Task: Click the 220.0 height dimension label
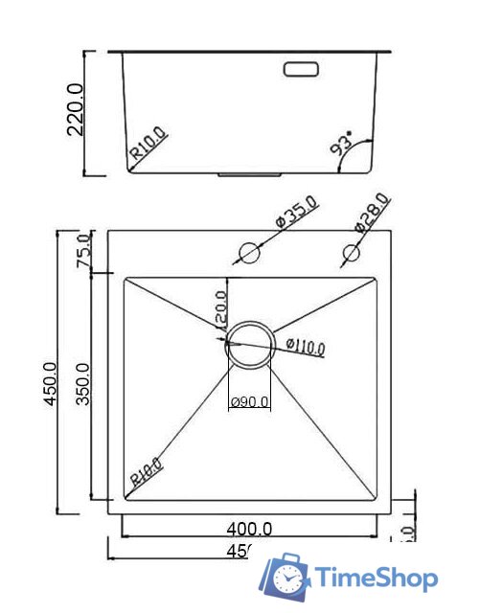(x=77, y=109)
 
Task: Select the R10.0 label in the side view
(x=149, y=145)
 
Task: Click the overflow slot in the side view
(x=301, y=69)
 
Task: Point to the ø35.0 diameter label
(x=296, y=212)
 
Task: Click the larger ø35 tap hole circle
(x=249, y=254)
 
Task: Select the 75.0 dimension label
(x=83, y=251)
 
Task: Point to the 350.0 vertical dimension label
(x=83, y=384)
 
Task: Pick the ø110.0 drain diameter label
(x=305, y=346)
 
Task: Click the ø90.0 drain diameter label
(x=249, y=402)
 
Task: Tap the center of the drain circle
(x=249, y=344)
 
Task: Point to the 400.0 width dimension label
(x=249, y=528)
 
